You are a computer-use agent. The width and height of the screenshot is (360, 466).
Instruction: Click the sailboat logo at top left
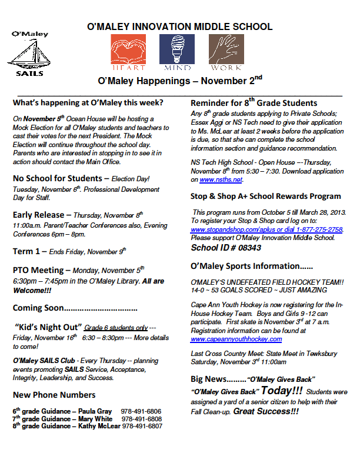pos(29,52)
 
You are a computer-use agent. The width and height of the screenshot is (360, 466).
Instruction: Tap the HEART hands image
pos(128,48)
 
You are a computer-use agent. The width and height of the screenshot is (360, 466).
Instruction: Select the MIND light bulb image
pos(177,48)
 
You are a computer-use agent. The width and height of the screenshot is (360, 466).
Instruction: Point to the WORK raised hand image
pos(226,48)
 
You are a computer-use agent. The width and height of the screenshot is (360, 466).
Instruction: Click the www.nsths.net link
pos(221,179)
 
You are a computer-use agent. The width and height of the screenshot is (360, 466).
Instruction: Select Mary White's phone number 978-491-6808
pos(141,418)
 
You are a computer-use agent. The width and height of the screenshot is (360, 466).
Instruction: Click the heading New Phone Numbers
pos(54,394)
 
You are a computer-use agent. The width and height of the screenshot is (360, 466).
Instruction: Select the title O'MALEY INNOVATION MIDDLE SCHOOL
pos(179,26)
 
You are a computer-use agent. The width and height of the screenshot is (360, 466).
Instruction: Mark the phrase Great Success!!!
pos(266,412)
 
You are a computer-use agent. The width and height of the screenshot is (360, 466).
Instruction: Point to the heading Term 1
pos(28,251)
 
